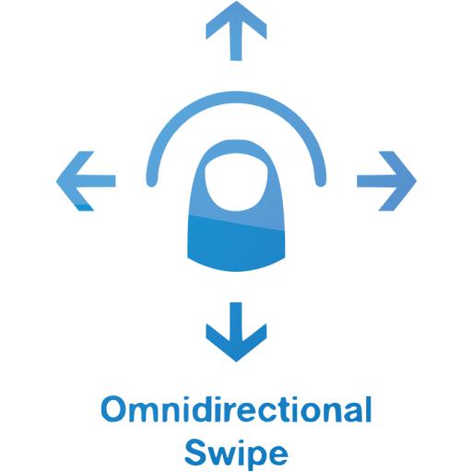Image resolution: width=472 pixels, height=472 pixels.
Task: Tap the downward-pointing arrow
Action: [236, 332]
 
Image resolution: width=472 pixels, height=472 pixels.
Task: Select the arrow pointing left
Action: [86, 181]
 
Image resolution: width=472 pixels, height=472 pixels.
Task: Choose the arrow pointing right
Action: [386, 181]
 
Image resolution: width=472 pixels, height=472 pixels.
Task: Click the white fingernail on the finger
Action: [236, 183]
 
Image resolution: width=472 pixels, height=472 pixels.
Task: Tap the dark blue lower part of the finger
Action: [236, 242]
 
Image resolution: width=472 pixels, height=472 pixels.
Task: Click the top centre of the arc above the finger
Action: [236, 97]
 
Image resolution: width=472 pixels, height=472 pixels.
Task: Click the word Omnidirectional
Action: [236, 409]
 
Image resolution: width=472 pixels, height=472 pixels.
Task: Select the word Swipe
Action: [236, 454]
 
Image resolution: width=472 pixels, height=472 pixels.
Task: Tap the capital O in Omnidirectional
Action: [114, 410]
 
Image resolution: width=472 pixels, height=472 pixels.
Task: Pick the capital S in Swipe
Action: [196, 453]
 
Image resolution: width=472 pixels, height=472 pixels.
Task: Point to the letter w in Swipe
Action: [221, 455]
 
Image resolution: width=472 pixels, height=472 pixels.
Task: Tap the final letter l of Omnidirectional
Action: [369, 409]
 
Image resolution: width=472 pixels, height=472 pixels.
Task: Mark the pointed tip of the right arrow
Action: [416, 181]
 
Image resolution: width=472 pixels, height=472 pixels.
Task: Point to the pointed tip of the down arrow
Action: [236, 361]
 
